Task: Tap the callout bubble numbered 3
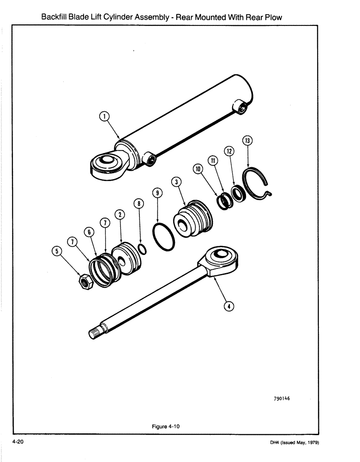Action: [x=175, y=182]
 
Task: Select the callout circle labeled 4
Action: [x=228, y=305]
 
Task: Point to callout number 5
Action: [x=56, y=251]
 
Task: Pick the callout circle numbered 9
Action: [x=157, y=193]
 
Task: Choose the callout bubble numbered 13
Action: [x=248, y=140]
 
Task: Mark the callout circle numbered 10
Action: [x=198, y=170]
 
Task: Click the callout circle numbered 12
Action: [x=229, y=151]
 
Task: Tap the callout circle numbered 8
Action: [x=138, y=203]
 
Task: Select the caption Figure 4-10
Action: [x=165, y=426]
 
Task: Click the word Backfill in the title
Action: [x=56, y=17]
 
